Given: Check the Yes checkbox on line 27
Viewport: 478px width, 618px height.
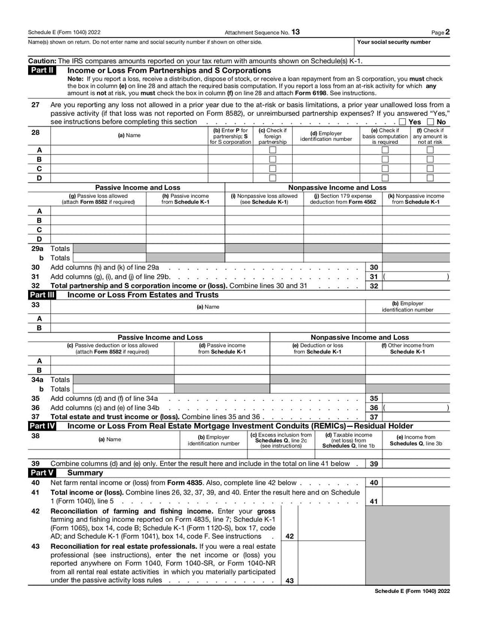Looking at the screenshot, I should pyautogui.click(x=403, y=122).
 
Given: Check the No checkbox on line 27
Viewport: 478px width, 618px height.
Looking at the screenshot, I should pyautogui.click(x=431, y=122).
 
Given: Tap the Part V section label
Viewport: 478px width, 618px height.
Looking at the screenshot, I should pyautogui.click(x=42, y=472).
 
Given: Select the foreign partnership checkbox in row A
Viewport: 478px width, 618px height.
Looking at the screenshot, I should pyautogui.click(x=272, y=150).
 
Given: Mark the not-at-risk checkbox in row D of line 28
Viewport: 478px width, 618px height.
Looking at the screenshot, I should pyautogui.click(x=430, y=177).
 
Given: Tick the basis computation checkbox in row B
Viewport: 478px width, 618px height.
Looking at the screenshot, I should pyautogui.click(x=385, y=159).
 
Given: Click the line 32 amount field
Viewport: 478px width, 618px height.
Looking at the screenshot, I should pyautogui.click(x=416, y=286).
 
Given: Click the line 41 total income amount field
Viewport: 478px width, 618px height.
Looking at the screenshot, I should pyautogui.click(x=416, y=501).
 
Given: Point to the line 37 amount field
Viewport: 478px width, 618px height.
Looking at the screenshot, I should pyautogui.click(x=416, y=417).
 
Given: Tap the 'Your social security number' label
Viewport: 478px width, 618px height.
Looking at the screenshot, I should pyautogui.click(x=393, y=42).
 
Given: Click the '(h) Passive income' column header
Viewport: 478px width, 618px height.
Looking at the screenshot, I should pyautogui.click(x=185, y=199).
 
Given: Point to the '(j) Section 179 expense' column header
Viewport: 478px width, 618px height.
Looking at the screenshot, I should pyautogui.click(x=342, y=199).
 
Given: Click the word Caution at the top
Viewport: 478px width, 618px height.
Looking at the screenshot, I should pyautogui.click(x=42, y=61).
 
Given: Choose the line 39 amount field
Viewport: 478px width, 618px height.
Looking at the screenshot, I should pyautogui.click(x=416, y=463).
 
